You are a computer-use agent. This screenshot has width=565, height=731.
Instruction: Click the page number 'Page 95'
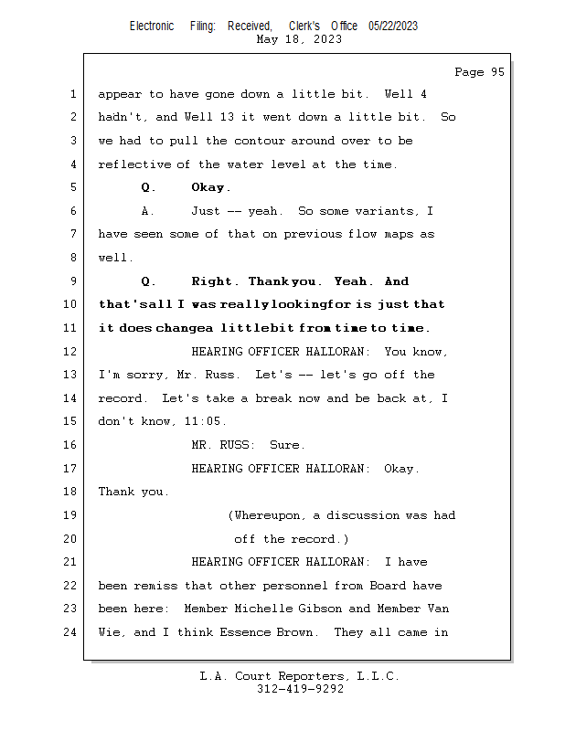point(479,72)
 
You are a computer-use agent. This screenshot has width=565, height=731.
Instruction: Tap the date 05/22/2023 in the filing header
point(393,26)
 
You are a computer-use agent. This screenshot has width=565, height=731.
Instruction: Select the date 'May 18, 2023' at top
point(300,39)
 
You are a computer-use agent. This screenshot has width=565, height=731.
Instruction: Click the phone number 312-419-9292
point(300,689)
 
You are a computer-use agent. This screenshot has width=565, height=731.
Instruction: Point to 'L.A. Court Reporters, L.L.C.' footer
point(300,676)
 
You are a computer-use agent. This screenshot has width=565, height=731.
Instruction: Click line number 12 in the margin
point(71,352)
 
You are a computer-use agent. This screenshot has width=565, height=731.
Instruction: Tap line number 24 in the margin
point(71,631)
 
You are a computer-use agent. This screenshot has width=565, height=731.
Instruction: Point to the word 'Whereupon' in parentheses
point(267,515)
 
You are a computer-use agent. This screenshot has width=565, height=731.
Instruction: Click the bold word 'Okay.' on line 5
point(210,188)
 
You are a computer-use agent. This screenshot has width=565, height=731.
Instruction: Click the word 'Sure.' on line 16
point(287,445)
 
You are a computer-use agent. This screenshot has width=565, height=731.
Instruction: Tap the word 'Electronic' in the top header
point(152,26)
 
